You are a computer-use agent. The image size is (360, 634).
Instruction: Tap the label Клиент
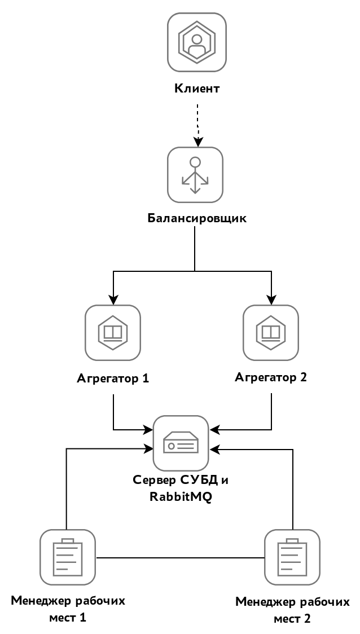tap(197, 89)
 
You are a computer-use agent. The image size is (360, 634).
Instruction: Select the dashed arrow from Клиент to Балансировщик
tap(197, 121)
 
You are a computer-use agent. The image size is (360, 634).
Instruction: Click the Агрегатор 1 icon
tap(113, 332)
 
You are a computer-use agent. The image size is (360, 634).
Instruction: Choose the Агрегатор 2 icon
tap(271, 332)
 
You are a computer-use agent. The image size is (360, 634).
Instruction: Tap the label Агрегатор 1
tap(113, 378)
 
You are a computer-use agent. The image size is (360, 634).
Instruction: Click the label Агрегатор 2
tap(271, 377)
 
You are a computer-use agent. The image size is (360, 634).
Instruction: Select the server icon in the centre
tap(181, 443)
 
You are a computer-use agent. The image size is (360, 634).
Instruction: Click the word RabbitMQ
tap(181, 497)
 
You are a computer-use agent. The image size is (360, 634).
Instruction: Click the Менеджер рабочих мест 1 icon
tap(67, 557)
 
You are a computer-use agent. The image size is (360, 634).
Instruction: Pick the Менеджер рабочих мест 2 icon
tap(292, 557)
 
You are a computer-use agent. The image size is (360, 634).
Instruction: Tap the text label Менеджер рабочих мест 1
tap(67, 609)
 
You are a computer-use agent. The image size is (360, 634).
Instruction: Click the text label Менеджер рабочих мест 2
tap(292, 610)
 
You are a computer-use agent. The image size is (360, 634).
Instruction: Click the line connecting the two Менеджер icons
tap(179, 558)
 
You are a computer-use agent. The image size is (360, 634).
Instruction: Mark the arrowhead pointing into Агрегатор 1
tap(113, 300)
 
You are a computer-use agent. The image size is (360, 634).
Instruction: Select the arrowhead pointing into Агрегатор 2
tap(271, 300)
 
